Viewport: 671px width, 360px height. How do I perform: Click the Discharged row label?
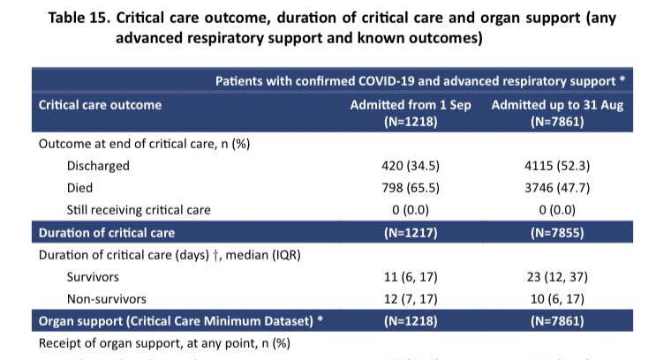[x=97, y=165]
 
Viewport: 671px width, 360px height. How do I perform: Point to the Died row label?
[x=81, y=188]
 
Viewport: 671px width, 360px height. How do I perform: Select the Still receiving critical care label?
[x=139, y=210]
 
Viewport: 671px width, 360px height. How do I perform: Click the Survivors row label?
[x=93, y=276]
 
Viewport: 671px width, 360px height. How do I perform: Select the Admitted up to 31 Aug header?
[x=552, y=105]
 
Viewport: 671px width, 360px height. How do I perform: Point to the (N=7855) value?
[x=552, y=233]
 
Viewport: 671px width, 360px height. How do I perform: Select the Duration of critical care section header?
[x=106, y=233]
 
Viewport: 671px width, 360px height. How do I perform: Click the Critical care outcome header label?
[x=100, y=105]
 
